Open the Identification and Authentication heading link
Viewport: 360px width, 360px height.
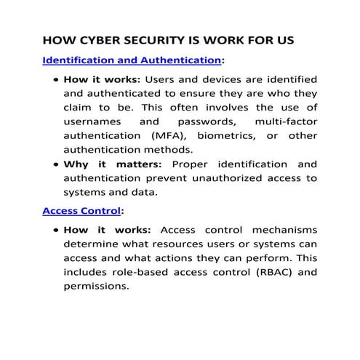pyautogui.click(x=132, y=59)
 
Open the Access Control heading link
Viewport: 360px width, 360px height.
pyautogui.click(x=81, y=212)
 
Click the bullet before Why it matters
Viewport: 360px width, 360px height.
pyautogui.click(x=55, y=165)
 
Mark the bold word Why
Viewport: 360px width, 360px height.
pyautogui.click(x=77, y=164)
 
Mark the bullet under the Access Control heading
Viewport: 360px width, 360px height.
pyautogui.click(x=55, y=231)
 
